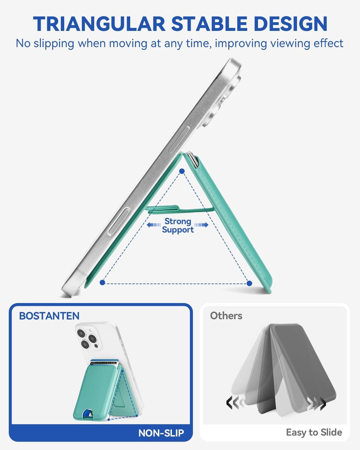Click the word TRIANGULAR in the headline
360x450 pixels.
pyautogui.click(x=99, y=24)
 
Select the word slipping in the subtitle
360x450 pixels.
pyautogui.click(x=54, y=44)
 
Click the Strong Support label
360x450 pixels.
pyautogui.click(x=178, y=225)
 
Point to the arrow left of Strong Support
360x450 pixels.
pyautogui.click(x=154, y=225)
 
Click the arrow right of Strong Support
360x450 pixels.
pyautogui.click(x=201, y=225)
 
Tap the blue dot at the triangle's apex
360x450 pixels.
pyautogui.click(x=182, y=171)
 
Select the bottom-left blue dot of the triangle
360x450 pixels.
pyautogui.click(x=102, y=283)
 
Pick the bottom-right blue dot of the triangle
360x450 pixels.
pyautogui.click(x=249, y=283)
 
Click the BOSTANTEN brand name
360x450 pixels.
pyautogui.click(x=49, y=316)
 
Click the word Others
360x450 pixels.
pyautogui.click(x=226, y=316)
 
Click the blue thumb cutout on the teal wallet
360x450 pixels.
pyautogui.click(x=88, y=413)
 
